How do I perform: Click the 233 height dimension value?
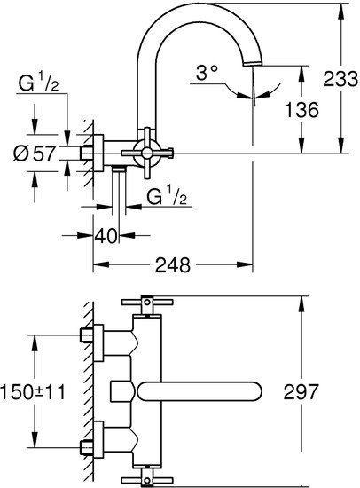click(340, 79)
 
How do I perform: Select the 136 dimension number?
click(301, 109)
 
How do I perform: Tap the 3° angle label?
click(207, 73)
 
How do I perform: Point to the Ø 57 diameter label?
click(35, 153)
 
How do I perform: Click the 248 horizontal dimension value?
click(173, 265)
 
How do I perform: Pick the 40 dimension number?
click(106, 236)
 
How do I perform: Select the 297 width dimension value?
click(301, 392)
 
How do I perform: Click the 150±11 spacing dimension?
click(33, 392)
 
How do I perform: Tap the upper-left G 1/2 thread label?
click(39, 83)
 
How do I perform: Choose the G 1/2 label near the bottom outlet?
click(167, 196)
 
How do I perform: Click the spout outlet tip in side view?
click(253, 63)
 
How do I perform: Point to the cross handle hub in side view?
click(147, 153)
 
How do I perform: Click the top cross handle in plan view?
click(147, 302)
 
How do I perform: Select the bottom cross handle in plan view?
click(147, 477)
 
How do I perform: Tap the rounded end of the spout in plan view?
click(254, 391)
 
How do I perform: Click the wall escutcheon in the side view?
click(98, 153)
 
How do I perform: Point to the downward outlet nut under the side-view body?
click(119, 169)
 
